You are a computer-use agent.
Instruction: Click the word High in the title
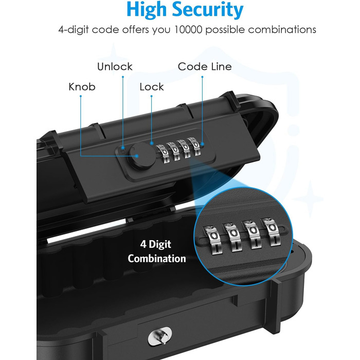click(x=146, y=10)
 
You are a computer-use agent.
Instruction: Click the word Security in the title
click(x=208, y=11)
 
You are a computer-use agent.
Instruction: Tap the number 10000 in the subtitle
click(x=188, y=30)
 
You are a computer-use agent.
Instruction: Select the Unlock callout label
click(x=115, y=66)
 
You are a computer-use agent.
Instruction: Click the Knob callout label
click(x=82, y=87)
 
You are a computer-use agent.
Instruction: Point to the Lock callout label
click(x=152, y=87)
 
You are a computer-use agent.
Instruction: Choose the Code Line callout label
click(x=205, y=66)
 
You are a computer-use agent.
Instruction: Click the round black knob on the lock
click(x=141, y=156)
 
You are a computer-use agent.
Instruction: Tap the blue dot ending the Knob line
click(x=137, y=156)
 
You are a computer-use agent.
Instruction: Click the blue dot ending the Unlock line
click(x=123, y=148)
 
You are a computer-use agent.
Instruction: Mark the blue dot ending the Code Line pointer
click(x=202, y=144)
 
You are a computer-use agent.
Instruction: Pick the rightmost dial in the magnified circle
click(x=271, y=231)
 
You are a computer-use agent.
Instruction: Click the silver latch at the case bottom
click(x=160, y=336)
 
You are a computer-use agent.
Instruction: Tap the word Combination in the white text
click(x=157, y=259)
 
